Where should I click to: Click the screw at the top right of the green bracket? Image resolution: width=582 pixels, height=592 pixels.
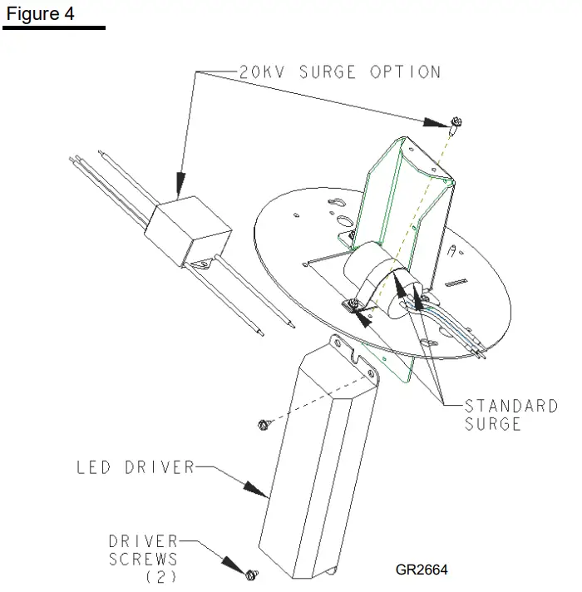[x=455, y=126]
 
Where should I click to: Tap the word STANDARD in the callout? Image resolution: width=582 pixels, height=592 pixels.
[x=510, y=407]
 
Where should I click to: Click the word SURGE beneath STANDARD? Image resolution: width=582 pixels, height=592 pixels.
[x=492, y=424]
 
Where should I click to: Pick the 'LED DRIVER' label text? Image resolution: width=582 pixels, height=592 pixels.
[x=135, y=467]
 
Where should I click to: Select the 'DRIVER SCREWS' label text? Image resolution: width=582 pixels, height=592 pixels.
[x=143, y=550]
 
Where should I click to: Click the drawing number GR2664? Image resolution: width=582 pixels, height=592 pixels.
[x=422, y=570]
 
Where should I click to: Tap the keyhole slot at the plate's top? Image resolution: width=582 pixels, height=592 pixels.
[x=340, y=204]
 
